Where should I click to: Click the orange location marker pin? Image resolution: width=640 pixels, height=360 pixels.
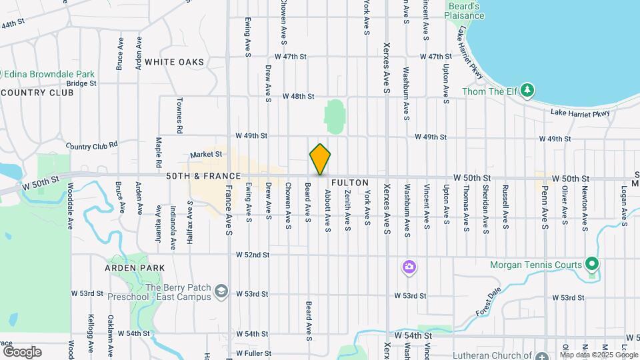point(320,159)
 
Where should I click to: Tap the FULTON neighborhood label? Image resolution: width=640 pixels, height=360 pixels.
point(349,182)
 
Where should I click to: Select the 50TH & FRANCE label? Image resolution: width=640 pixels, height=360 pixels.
point(203,176)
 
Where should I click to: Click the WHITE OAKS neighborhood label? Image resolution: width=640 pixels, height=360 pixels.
point(174,62)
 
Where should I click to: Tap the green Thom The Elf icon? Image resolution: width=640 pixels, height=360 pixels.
point(527,89)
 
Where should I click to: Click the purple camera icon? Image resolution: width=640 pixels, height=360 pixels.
point(409,268)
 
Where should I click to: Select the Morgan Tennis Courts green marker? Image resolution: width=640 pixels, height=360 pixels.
point(591,265)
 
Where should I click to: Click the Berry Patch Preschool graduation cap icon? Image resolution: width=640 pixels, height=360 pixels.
point(221,291)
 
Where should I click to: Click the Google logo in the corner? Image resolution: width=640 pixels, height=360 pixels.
point(22,351)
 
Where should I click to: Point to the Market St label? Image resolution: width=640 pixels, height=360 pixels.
point(206,154)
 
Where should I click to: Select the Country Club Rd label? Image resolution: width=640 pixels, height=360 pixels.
point(92,144)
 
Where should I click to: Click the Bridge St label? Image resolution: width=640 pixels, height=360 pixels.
point(82,83)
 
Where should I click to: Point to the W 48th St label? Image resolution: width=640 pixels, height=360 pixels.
point(298,96)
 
